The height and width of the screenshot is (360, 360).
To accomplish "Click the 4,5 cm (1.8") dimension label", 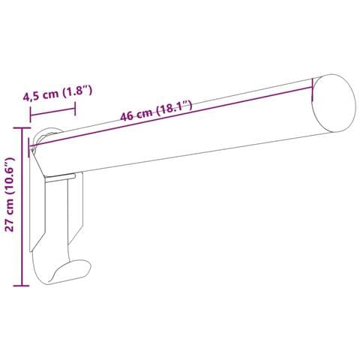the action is (x=58, y=93).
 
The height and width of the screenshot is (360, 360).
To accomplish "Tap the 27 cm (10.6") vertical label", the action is (x=10, y=194).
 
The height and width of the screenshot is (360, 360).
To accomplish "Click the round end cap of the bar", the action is (x=334, y=103).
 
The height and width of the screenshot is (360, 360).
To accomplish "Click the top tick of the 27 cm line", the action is (x=22, y=128).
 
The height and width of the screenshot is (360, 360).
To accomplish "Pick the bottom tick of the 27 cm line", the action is (x=22, y=285).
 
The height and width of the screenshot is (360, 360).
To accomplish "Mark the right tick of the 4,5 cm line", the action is (x=75, y=109).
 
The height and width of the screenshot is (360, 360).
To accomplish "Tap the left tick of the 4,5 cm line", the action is (x=30, y=115).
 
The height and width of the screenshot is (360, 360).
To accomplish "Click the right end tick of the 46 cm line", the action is (x=313, y=90).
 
